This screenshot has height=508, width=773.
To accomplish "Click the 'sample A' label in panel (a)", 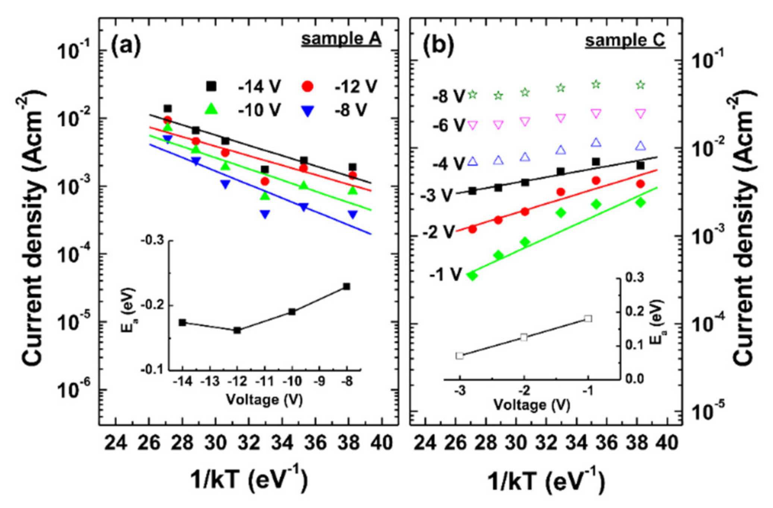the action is (341, 39).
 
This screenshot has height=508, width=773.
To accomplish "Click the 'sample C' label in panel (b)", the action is (625, 41).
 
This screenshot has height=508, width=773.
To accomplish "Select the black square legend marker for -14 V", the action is (211, 86).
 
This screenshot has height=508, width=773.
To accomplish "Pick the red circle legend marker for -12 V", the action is (308, 87).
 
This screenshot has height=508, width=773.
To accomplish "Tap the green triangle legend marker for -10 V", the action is (211, 109).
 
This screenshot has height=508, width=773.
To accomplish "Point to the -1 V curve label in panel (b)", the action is (446, 275).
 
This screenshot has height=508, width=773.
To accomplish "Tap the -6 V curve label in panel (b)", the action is (449, 125).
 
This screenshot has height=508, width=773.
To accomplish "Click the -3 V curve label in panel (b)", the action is (436, 195).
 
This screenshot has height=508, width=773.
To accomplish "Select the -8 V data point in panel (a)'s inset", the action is (346, 286).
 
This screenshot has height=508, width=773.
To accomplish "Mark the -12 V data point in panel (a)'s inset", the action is (237, 330).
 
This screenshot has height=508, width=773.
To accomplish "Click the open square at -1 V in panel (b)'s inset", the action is (588, 319).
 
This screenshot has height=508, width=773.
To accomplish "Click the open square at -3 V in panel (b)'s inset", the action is (460, 355).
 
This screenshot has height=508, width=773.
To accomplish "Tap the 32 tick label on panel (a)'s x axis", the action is (248, 443).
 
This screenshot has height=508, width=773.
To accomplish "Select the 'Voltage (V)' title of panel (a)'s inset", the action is (264, 399).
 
